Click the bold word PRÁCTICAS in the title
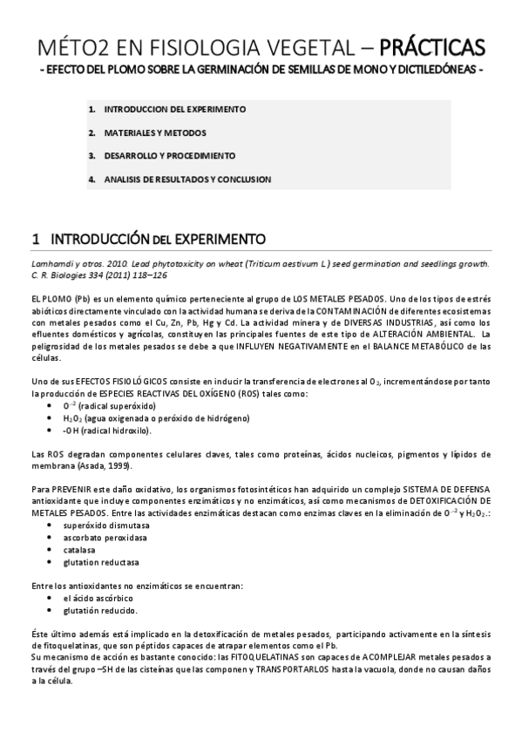pos(433,45)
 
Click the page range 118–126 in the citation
pos(148,274)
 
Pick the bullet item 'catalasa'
pos(79,550)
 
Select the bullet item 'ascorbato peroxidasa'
pos(103,538)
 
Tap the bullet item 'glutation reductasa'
pos(100,562)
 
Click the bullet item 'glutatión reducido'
pos(98,611)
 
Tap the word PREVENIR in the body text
pos(70,490)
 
